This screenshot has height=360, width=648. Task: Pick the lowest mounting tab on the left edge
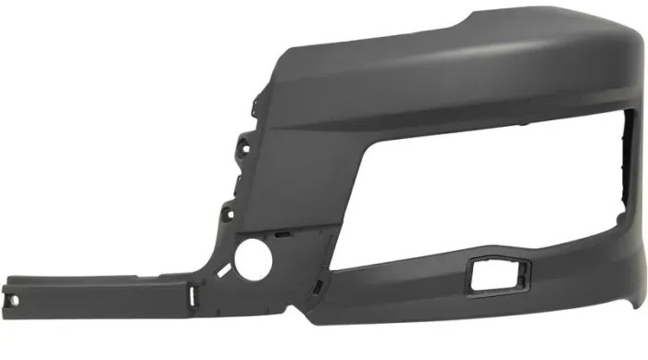point(225,215)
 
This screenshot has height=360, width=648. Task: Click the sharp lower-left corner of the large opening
point(331,268)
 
